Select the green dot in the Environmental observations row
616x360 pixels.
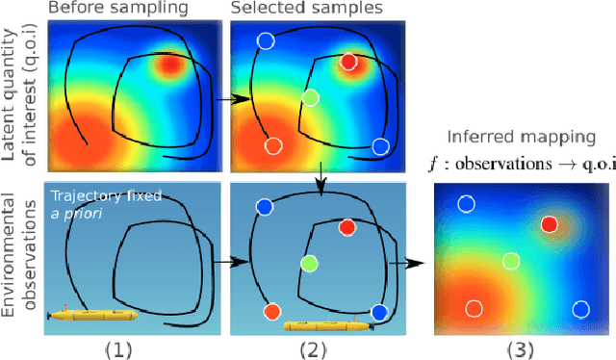coord(309,262)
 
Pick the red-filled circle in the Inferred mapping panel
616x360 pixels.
coord(549,224)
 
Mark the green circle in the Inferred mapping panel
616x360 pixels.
coord(510,261)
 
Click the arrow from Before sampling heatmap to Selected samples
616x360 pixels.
coord(228,97)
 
